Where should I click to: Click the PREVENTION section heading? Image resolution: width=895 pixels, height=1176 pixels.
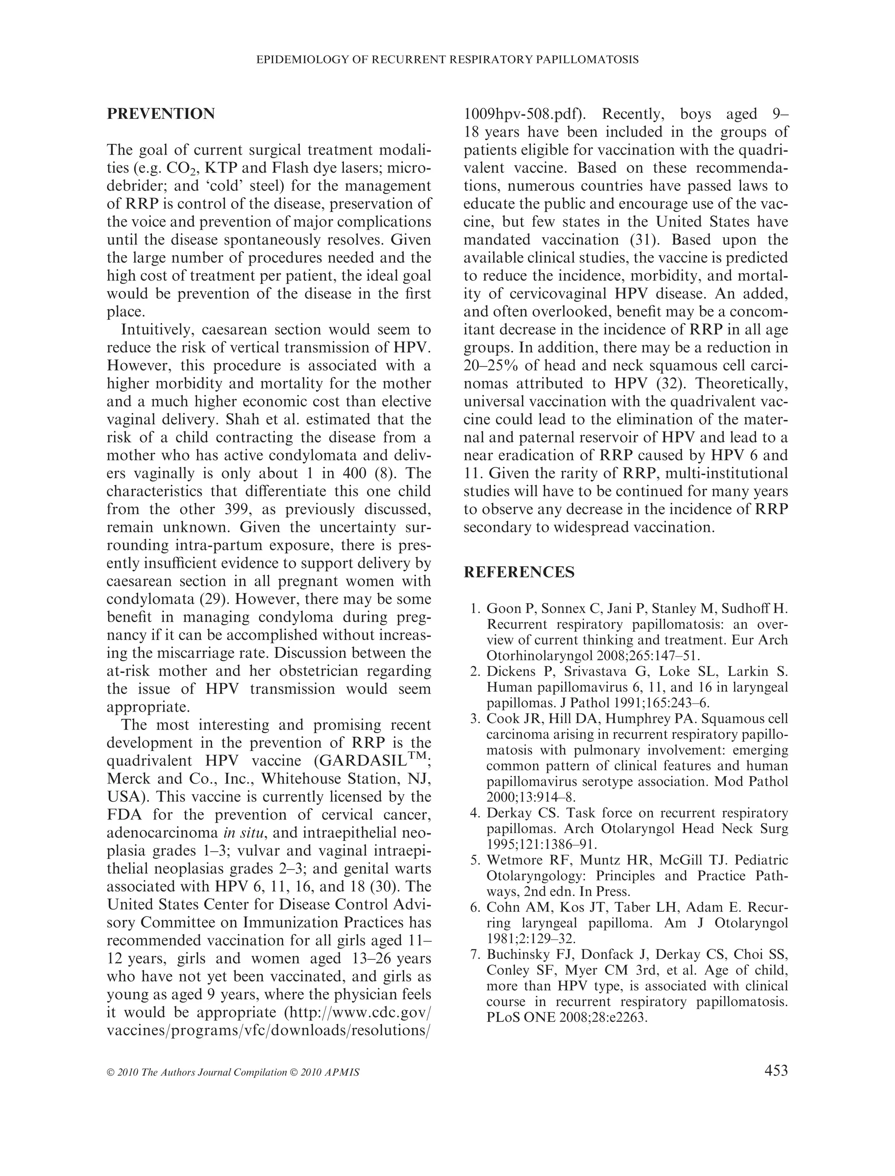click(x=161, y=114)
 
